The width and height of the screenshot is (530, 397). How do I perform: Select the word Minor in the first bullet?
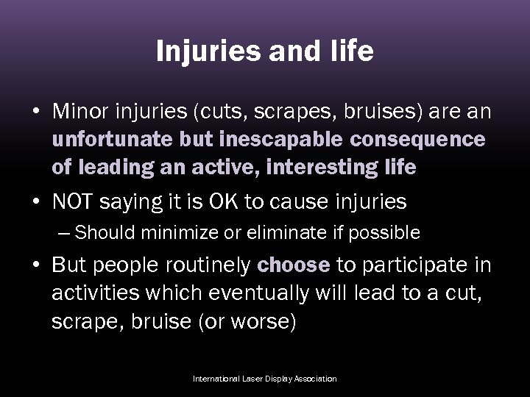point(78,112)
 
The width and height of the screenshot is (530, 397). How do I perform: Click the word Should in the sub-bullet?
point(100,233)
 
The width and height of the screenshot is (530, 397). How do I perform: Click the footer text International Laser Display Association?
point(264,379)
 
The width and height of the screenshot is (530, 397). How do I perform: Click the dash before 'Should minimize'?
point(65,233)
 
